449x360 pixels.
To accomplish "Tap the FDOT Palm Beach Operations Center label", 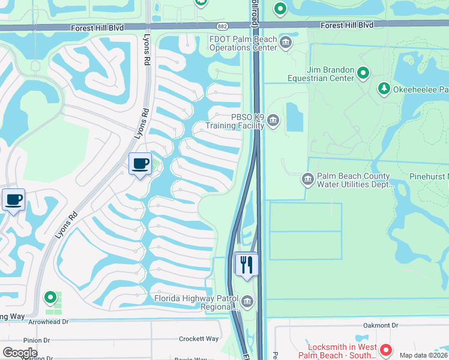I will tap(243, 44).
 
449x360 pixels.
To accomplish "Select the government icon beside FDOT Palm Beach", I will tap(286, 41).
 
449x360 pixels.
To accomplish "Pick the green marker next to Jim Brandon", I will tap(363, 73).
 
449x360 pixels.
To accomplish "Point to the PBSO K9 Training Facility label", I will tap(235, 122).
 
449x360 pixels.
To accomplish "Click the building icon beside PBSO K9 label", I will tap(273, 121).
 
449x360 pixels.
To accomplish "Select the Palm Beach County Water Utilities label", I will tap(354, 181).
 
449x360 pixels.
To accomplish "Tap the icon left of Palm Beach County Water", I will tap(307, 179).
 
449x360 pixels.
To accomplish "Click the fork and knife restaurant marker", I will tap(246, 265).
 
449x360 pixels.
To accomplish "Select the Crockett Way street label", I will tap(199, 339).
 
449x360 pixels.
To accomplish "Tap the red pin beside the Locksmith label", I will tap(386, 349).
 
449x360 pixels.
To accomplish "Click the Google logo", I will tap(20, 353).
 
